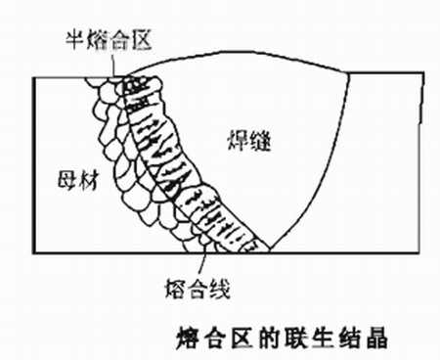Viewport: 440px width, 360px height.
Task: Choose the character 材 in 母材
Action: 82,177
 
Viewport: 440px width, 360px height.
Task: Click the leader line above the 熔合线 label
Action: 203,261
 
